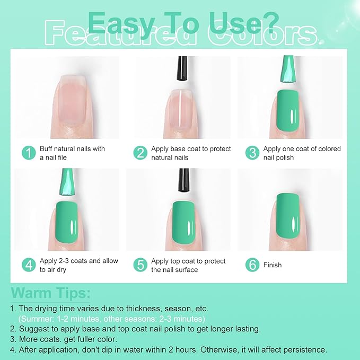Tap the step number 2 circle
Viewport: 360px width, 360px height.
point(140,153)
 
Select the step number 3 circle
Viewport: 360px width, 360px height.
point(252,153)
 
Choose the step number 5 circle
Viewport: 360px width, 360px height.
point(140,265)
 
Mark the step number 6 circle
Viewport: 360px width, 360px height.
point(252,265)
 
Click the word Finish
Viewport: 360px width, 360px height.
point(273,265)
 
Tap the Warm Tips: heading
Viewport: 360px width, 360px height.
point(51,293)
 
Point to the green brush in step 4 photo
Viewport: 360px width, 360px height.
point(68,183)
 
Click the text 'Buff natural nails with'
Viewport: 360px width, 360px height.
point(73,149)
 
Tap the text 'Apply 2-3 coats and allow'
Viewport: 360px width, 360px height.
point(79,261)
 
